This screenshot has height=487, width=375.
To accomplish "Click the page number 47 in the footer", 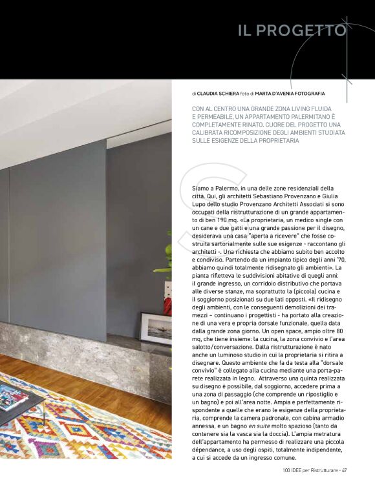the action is pos(345,470).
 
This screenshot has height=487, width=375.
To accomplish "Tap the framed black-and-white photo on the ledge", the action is pos(156,329).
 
